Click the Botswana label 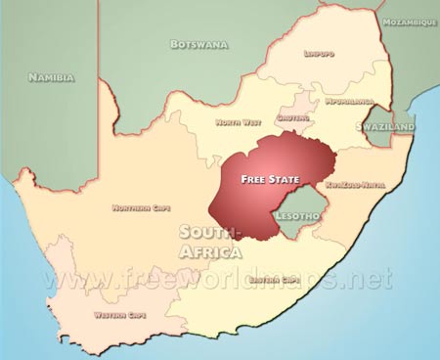tap(198, 44)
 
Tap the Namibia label tap(53, 76)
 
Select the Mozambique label tap(409, 22)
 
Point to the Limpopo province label tap(320, 54)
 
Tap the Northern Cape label tap(140, 207)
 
